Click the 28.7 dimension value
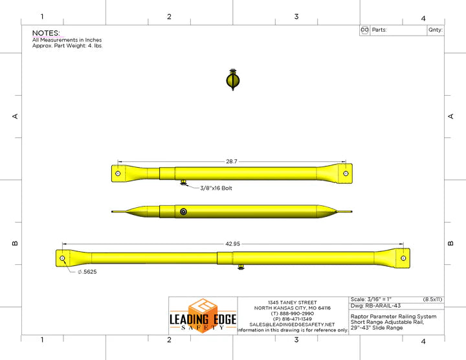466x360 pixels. click(231, 161)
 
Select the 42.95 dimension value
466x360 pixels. click(232, 243)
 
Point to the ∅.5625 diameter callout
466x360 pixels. click(87, 272)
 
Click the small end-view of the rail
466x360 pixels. click(233, 80)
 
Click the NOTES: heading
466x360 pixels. click(46, 33)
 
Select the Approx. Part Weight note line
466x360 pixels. click(67, 46)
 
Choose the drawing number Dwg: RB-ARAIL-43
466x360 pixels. click(375, 305)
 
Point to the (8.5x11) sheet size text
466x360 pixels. click(432, 298)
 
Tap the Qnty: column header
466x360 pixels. click(435, 30)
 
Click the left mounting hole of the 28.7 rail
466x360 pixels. click(118, 174)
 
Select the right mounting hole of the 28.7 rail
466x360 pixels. click(346, 174)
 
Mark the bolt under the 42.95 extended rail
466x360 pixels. click(241, 267)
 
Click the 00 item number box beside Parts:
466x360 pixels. click(364, 30)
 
